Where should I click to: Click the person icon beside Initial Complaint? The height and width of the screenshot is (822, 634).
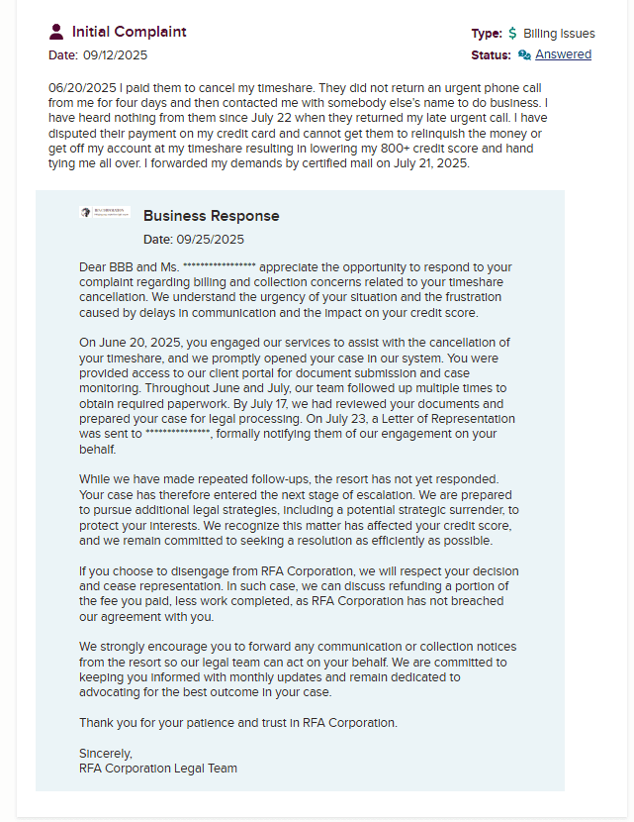pyautogui.click(x=56, y=32)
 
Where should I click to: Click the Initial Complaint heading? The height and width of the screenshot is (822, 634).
pyautogui.click(x=129, y=32)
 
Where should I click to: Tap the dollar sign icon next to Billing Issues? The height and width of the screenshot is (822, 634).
pyautogui.click(x=512, y=34)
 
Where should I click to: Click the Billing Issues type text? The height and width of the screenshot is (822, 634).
pyautogui.click(x=559, y=34)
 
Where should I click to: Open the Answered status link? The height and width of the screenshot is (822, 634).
pyautogui.click(x=563, y=54)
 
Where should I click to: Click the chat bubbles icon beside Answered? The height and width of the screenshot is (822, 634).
pyautogui.click(x=524, y=54)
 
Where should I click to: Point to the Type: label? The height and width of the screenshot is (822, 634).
pyautogui.click(x=487, y=34)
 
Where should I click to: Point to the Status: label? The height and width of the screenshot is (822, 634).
pyautogui.click(x=491, y=54)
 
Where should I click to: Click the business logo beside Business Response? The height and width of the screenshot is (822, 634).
pyautogui.click(x=105, y=212)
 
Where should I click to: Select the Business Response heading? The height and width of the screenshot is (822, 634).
pyautogui.click(x=211, y=216)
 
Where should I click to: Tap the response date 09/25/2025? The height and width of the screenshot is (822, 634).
pyautogui.click(x=210, y=239)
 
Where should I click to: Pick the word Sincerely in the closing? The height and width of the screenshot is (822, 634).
pyautogui.click(x=106, y=753)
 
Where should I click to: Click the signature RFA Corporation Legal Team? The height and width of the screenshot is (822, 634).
pyautogui.click(x=158, y=768)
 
